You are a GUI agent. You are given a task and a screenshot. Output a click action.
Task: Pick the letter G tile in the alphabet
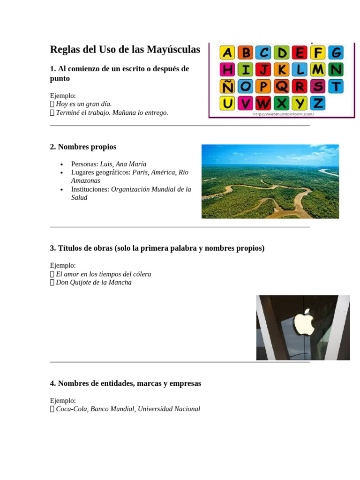[x=335, y=52]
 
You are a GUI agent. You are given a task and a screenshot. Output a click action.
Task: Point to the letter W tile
[x=264, y=103]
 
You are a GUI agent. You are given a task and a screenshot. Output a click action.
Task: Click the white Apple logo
[x=303, y=322]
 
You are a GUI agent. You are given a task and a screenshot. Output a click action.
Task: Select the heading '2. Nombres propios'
[x=83, y=147]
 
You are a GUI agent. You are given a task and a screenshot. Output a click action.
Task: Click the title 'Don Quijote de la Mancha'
[x=94, y=282]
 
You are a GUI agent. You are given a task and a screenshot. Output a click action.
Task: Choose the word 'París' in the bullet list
[x=140, y=172]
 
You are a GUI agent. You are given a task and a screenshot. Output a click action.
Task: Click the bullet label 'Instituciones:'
[x=90, y=189]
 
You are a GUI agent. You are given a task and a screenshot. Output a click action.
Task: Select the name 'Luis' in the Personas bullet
[x=106, y=164]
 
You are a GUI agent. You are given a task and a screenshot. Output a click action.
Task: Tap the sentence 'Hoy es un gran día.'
[x=84, y=104]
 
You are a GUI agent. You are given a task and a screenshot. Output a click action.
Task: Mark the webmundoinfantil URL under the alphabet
[x=283, y=114]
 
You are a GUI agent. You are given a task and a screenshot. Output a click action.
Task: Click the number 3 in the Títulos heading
[x=52, y=248]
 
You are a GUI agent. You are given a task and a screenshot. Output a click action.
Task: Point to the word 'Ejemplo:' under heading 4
[x=63, y=400]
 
